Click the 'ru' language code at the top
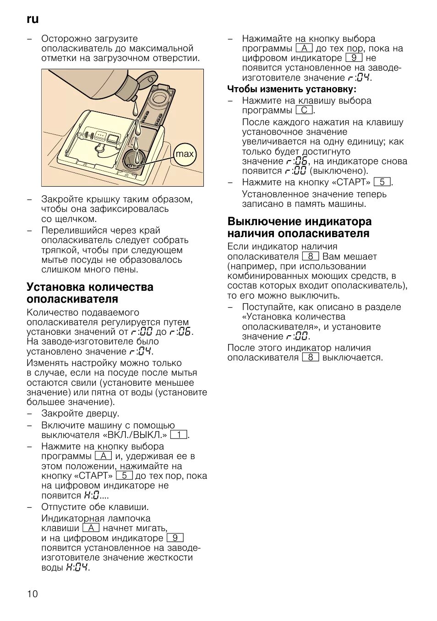click(33, 19)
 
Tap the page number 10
click(33, 594)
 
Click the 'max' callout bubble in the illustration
click(185, 154)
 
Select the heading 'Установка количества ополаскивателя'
click(90, 293)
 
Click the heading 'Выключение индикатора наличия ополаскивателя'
click(300, 227)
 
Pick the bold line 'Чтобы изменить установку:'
click(292, 89)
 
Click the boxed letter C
click(304, 111)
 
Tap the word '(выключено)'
click(339, 171)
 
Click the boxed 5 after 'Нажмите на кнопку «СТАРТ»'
click(382, 182)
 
